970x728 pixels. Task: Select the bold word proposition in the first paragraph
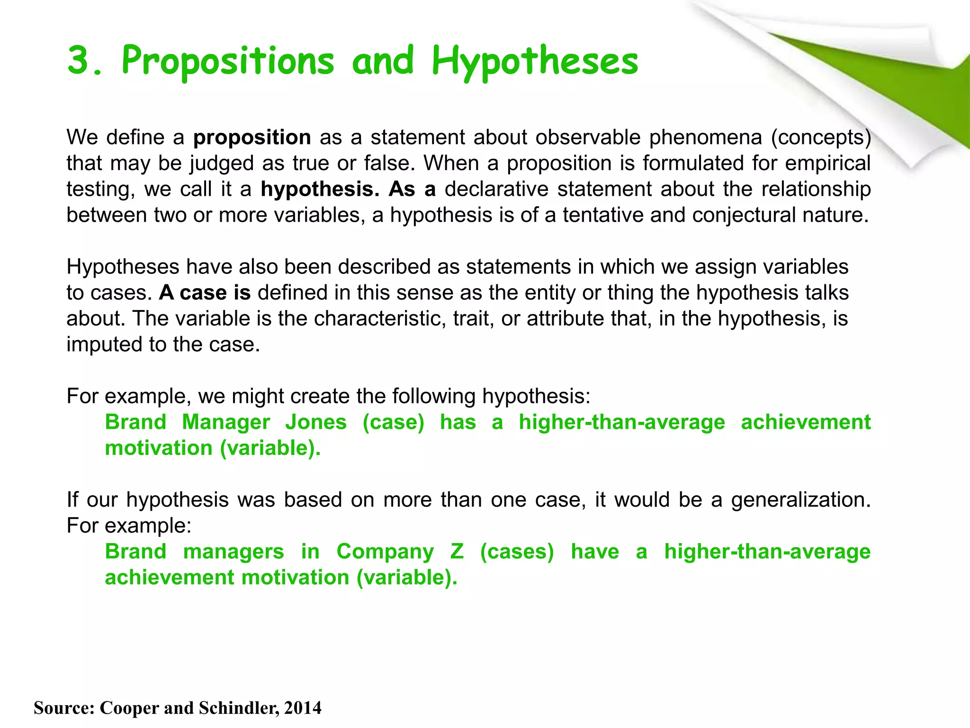(x=252, y=138)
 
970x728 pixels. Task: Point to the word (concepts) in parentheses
(x=821, y=138)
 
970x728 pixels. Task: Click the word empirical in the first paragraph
(x=827, y=164)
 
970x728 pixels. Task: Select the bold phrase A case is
(x=205, y=293)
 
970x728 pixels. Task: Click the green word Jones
(x=316, y=422)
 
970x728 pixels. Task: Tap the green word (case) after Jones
(x=393, y=422)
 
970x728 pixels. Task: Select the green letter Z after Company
(x=457, y=552)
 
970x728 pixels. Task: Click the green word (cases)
(x=517, y=552)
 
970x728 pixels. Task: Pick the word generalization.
(x=800, y=500)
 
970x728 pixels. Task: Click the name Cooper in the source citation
(x=129, y=708)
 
